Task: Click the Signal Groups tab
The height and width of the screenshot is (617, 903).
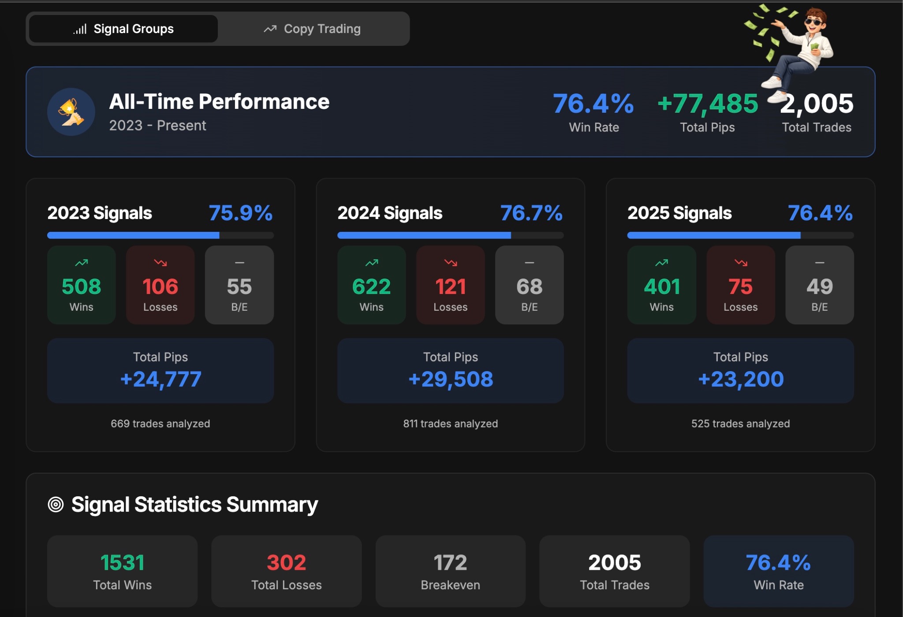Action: click(x=123, y=29)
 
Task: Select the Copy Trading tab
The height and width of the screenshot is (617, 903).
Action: click(x=313, y=29)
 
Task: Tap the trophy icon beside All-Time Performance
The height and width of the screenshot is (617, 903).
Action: click(x=71, y=112)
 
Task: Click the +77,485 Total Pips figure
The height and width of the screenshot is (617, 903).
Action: click(x=708, y=104)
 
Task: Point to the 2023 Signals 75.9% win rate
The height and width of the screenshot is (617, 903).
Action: click(x=240, y=213)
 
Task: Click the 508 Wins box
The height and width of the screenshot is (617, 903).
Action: click(x=82, y=285)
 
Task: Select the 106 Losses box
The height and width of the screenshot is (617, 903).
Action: click(x=160, y=285)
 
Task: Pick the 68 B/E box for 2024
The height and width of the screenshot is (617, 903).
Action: click(x=529, y=285)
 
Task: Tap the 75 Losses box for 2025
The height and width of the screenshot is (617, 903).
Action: click(x=740, y=285)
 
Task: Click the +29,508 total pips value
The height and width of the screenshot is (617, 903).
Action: click(x=451, y=379)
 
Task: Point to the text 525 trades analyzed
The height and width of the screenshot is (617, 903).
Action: click(x=740, y=424)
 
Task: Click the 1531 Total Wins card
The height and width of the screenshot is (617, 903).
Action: click(x=123, y=571)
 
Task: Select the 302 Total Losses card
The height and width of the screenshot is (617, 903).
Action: click(x=287, y=571)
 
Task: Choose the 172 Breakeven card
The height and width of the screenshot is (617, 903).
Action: click(x=450, y=571)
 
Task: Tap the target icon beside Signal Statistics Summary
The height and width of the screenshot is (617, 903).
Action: click(x=56, y=505)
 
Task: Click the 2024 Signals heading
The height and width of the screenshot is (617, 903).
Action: click(x=390, y=213)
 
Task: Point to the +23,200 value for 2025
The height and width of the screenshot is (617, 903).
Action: click(x=741, y=379)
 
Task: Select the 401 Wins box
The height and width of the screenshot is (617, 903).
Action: click(x=661, y=285)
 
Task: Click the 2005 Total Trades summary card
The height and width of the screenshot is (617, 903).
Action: click(x=615, y=571)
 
